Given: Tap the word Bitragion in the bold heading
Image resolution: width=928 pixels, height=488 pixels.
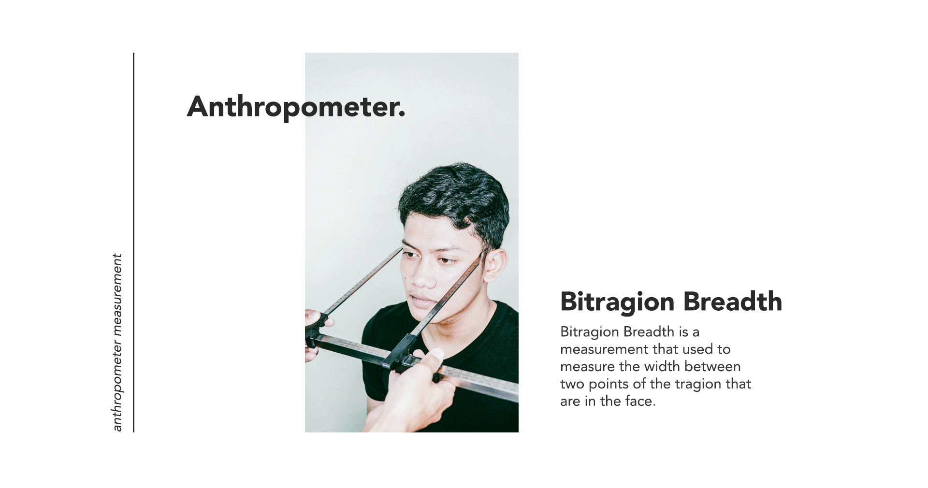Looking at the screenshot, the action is (x=617, y=302).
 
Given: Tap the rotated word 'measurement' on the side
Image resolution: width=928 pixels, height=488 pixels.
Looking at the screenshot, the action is (x=117, y=295).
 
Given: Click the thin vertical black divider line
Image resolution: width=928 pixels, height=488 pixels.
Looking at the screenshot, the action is (x=133, y=243).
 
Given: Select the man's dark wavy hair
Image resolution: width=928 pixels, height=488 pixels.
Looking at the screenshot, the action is (x=454, y=203).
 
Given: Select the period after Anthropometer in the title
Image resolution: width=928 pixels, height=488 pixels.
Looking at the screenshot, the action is (x=402, y=115).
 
